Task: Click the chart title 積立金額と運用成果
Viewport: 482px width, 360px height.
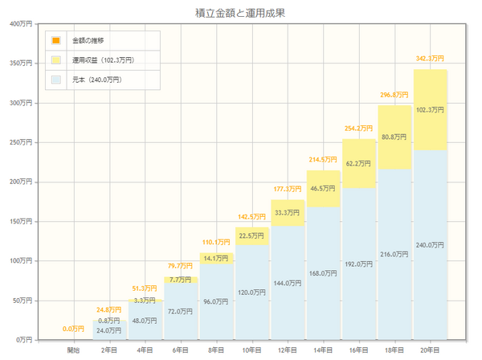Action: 241,12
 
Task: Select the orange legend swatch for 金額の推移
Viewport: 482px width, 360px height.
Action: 55,40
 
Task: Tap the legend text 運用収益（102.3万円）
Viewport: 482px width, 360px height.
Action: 103,59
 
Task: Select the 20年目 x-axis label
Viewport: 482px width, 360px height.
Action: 430,350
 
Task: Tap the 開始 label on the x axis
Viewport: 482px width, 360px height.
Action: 73,350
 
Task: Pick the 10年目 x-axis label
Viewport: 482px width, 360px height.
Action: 251,350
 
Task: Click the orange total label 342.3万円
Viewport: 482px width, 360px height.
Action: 430,59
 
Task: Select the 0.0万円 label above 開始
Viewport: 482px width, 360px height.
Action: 73,329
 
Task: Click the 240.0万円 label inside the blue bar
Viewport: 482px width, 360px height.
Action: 430,244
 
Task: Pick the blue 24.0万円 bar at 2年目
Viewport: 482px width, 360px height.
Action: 109,330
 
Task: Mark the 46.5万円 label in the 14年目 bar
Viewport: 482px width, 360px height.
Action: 323,188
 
